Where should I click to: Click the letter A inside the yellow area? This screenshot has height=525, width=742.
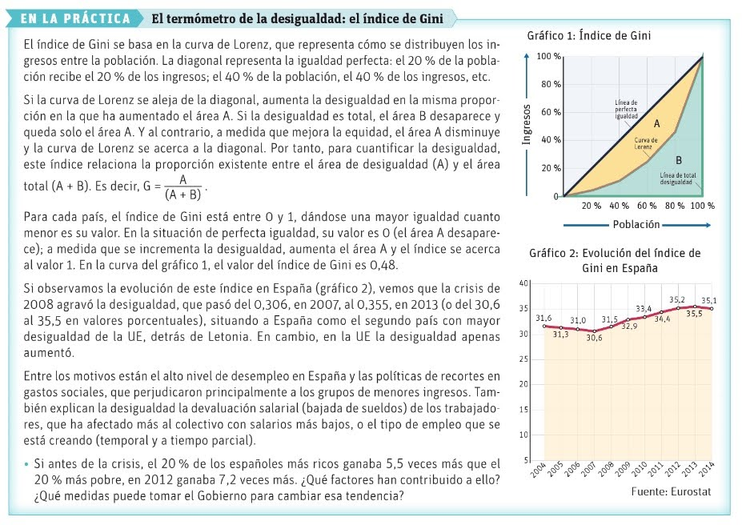[x=656, y=124]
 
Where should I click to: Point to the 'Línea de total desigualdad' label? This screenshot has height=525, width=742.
[x=677, y=178]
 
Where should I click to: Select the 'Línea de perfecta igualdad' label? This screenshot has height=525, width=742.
[x=626, y=110]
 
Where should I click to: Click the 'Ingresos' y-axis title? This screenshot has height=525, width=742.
[x=526, y=126]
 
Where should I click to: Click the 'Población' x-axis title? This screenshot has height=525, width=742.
[x=637, y=224]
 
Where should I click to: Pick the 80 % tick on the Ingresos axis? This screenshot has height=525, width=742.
[x=550, y=84]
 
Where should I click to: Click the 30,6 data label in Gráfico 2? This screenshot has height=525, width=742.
[x=594, y=339]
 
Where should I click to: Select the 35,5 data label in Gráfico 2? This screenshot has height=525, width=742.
[x=693, y=313]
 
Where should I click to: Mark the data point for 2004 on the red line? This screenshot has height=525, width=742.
[x=544, y=327]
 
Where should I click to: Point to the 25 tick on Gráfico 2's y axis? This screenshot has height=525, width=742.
[x=524, y=359]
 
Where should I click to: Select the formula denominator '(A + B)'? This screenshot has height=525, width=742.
[x=182, y=194]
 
